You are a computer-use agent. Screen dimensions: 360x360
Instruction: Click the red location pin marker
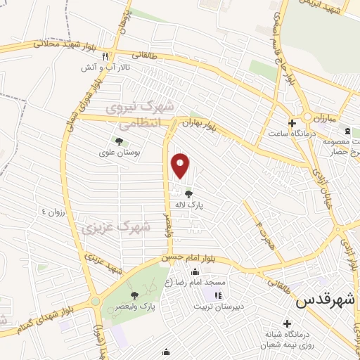(x=181, y=165)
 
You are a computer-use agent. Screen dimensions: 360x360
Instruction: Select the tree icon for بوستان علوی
(x=118, y=141)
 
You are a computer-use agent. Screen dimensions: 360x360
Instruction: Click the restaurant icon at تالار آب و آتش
(x=105, y=56)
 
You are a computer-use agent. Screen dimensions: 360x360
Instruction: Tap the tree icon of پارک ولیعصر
(x=135, y=296)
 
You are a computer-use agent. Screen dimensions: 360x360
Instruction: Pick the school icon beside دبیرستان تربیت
(x=217, y=295)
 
